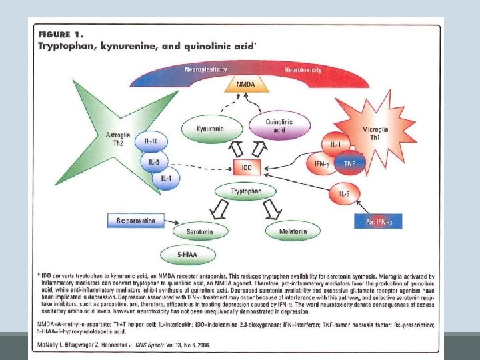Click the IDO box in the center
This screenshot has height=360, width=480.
(246, 168)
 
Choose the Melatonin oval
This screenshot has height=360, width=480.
(293, 231)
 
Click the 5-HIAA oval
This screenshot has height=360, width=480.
(188, 255)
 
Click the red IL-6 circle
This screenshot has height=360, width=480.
(345, 194)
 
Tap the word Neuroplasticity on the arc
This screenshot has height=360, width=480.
(205, 69)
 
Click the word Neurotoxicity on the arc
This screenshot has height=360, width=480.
(303, 70)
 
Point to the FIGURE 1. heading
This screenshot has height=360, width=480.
(62, 35)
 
